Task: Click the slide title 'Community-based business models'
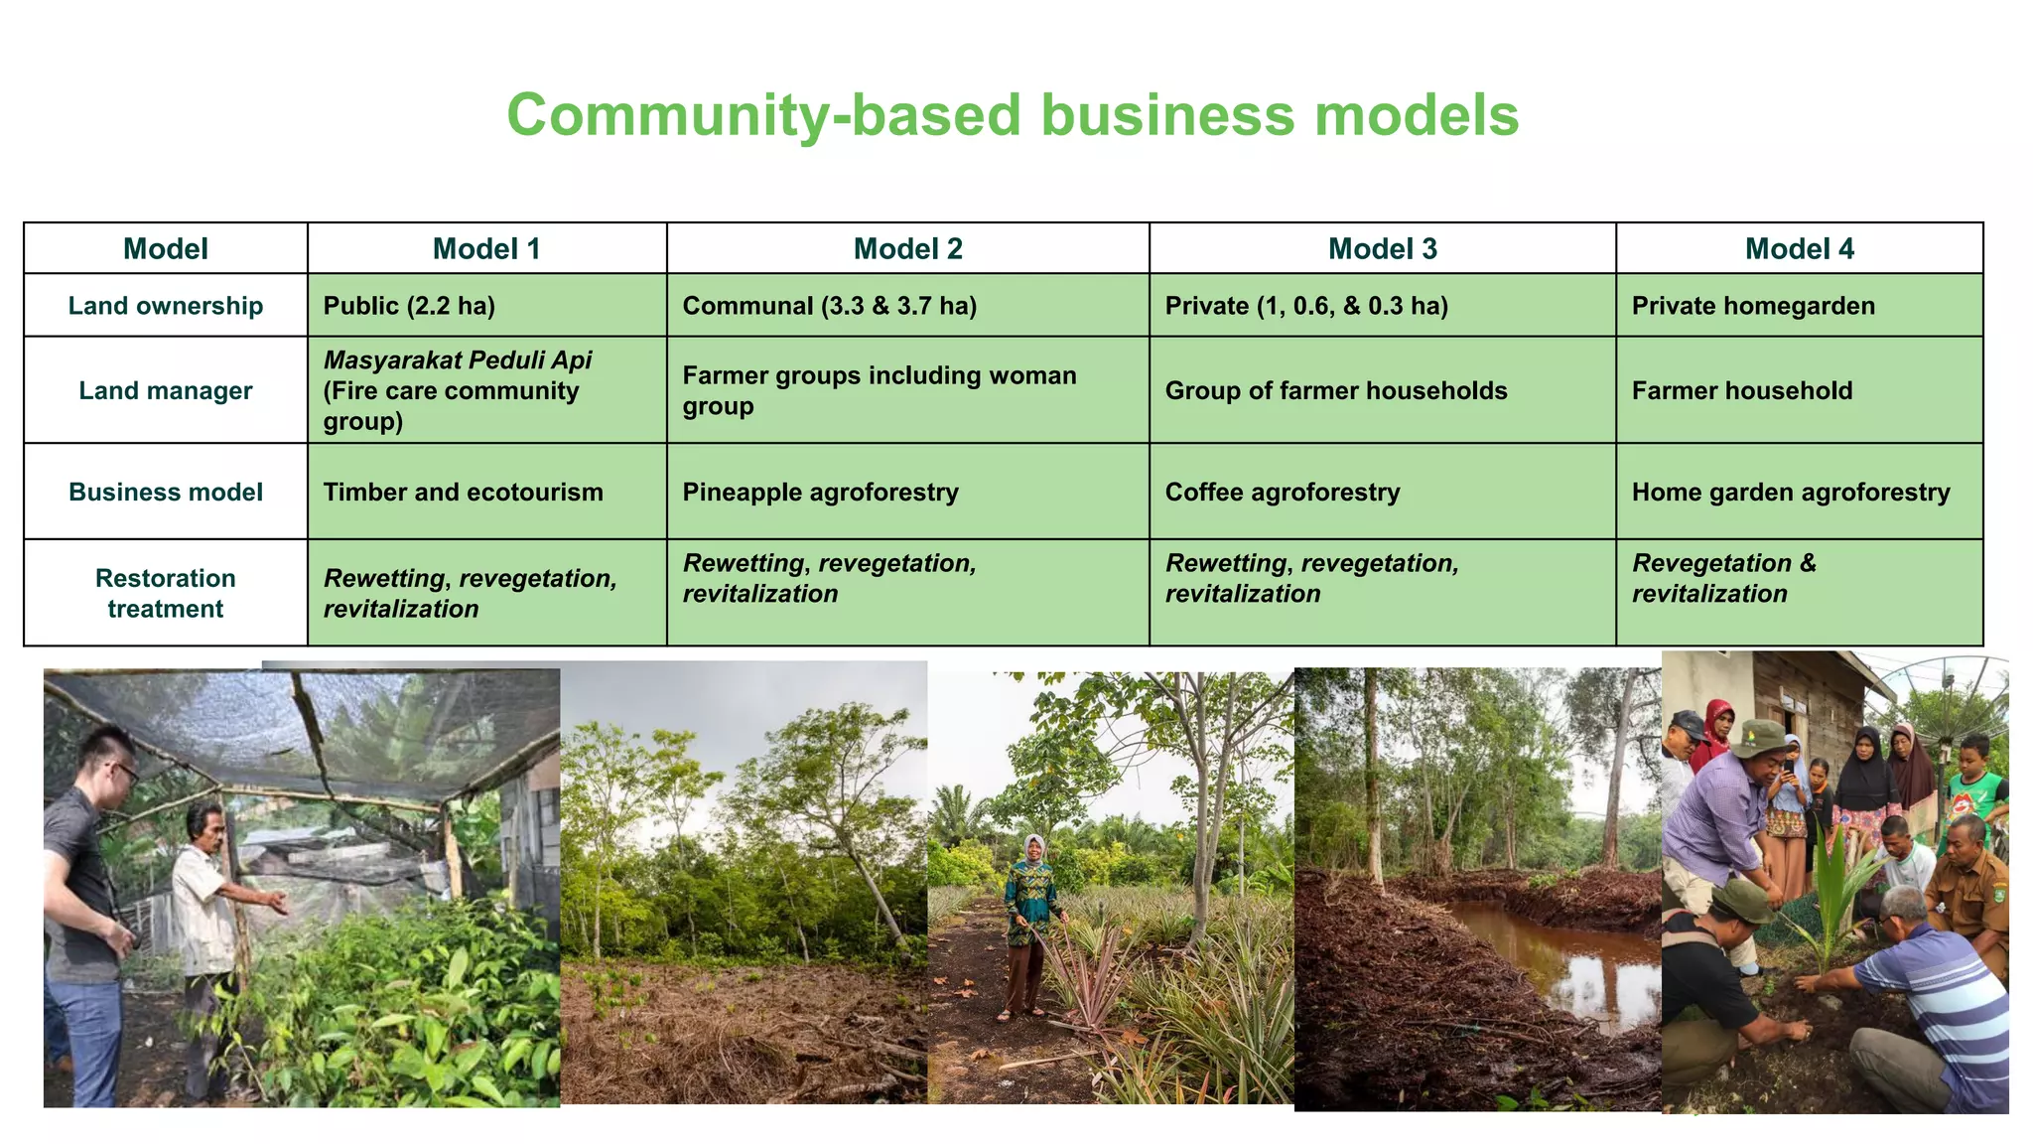point(1013,115)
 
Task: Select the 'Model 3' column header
point(1382,249)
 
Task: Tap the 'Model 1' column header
point(486,249)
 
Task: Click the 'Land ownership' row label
point(166,306)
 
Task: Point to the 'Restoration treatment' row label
point(166,593)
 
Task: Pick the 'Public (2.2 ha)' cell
point(409,306)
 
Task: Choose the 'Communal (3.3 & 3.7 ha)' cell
point(829,306)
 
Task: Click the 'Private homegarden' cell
point(1753,306)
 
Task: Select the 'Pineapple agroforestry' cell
point(820,493)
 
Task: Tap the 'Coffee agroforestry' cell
point(1283,493)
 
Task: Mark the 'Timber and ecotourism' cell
point(463,493)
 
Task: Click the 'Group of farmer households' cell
point(1336,391)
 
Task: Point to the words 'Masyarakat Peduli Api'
point(458,360)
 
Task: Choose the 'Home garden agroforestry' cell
point(1791,493)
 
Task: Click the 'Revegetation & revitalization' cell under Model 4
point(1724,578)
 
